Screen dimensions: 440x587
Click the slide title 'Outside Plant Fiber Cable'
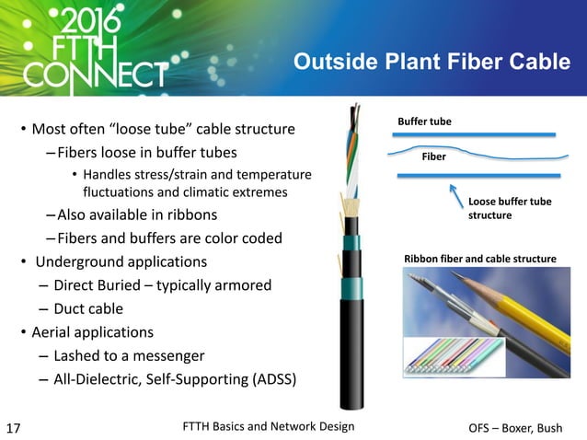pyautogui.click(x=431, y=62)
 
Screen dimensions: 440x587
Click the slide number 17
pyautogui.click(x=14, y=428)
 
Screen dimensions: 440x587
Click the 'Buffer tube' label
pyautogui.click(x=424, y=122)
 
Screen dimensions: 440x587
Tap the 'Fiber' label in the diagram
pyautogui.click(x=433, y=156)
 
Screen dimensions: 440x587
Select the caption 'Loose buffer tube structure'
pyautogui.click(x=510, y=208)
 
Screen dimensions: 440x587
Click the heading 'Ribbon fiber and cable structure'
pyautogui.click(x=479, y=260)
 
